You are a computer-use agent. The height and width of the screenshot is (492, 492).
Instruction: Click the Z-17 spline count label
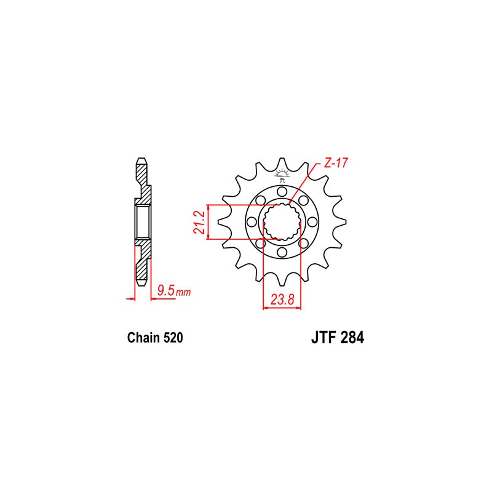[336, 163]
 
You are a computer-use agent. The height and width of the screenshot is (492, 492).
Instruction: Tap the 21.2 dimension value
[199, 222]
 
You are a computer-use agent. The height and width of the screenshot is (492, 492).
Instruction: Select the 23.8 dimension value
[282, 300]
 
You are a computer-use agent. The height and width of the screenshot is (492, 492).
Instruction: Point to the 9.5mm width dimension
[174, 291]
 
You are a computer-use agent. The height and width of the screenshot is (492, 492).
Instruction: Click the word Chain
[143, 338]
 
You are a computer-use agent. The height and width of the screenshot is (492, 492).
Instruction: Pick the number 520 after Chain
[173, 338]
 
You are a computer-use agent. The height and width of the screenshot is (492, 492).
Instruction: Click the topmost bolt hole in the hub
[282, 191]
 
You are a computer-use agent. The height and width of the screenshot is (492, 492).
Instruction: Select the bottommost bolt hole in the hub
[282, 252]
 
